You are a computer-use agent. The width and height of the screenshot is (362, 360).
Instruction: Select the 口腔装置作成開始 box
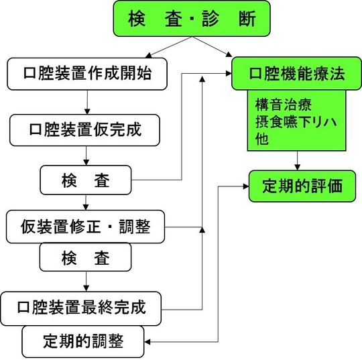tap(87, 74)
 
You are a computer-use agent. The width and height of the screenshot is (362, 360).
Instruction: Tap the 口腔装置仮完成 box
tap(86, 129)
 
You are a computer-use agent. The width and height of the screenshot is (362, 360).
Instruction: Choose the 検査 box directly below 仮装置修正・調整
tap(86, 257)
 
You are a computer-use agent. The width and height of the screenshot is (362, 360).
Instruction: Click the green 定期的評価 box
tap(296, 186)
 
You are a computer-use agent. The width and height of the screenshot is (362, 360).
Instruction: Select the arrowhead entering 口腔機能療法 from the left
tap(226, 75)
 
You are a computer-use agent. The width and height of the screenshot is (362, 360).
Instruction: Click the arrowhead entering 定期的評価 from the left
tap(245, 186)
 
